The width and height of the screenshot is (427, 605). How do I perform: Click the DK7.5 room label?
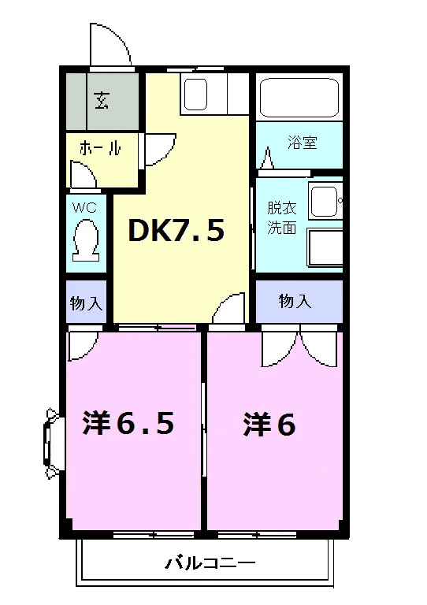[176, 230]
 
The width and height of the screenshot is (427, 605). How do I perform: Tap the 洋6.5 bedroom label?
[128, 423]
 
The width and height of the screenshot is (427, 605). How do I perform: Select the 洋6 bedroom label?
[269, 425]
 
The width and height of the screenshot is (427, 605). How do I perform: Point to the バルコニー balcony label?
[210, 563]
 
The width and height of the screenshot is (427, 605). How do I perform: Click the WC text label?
[84, 208]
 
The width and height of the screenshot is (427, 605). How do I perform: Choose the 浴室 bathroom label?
[303, 143]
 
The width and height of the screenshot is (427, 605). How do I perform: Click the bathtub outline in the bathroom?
[299, 97]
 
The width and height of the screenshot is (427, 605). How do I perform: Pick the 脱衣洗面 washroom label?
[282, 218]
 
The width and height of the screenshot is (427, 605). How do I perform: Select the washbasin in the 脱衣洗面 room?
[325, 201]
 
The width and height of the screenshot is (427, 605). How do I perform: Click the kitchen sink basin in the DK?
[195, 95]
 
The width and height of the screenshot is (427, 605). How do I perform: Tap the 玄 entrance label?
[102, 100]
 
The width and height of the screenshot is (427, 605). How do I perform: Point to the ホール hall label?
[100, 148]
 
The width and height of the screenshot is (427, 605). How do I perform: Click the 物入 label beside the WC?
[86, 303]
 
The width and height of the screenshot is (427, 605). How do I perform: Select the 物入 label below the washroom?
[295, 301]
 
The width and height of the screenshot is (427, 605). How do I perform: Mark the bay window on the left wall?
[51, 444]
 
